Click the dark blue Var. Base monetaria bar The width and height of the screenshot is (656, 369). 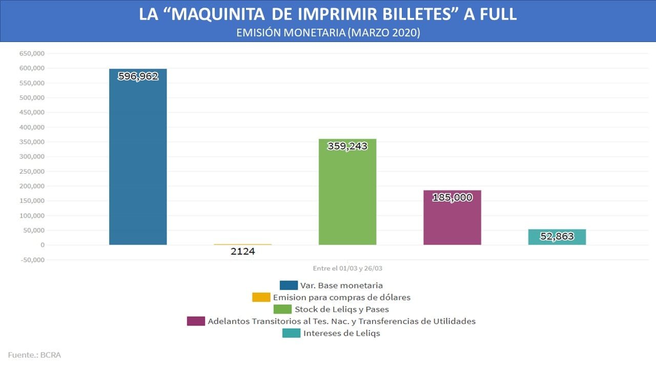(x=138, y=157)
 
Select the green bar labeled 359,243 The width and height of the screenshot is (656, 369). (x=347, y=192)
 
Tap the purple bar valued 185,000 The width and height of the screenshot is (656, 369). (x=452, y=218)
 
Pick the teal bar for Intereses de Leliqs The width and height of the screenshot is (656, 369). (x=557, y=237)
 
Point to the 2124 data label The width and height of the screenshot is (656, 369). (x=243, y=251)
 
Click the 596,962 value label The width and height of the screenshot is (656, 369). (x=138, y=76)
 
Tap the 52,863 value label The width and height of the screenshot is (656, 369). (x=557, y=236)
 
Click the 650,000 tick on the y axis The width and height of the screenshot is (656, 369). (x=32, y=54)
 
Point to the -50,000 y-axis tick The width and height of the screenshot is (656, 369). (x=32, y=260)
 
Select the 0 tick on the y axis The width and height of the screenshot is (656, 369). (x=43, y=245)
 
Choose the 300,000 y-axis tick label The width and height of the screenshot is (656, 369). (x=32, y=157)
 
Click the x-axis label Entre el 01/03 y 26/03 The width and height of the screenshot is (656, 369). (x=347, y=268)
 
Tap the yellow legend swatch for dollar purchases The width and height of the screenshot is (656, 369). (x=261, y=297)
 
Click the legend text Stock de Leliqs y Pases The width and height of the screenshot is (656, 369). (x=342, y=309)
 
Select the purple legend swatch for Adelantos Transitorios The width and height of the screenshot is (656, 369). (x=196, y=321)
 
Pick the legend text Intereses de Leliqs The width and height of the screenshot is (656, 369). (x=342, y=333)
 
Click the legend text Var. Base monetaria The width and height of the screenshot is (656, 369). (x=341, y=285)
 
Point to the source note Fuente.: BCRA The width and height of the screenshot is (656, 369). (x=34, y=355)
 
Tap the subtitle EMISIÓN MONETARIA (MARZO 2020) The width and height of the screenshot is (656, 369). (x=329, y=32)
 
